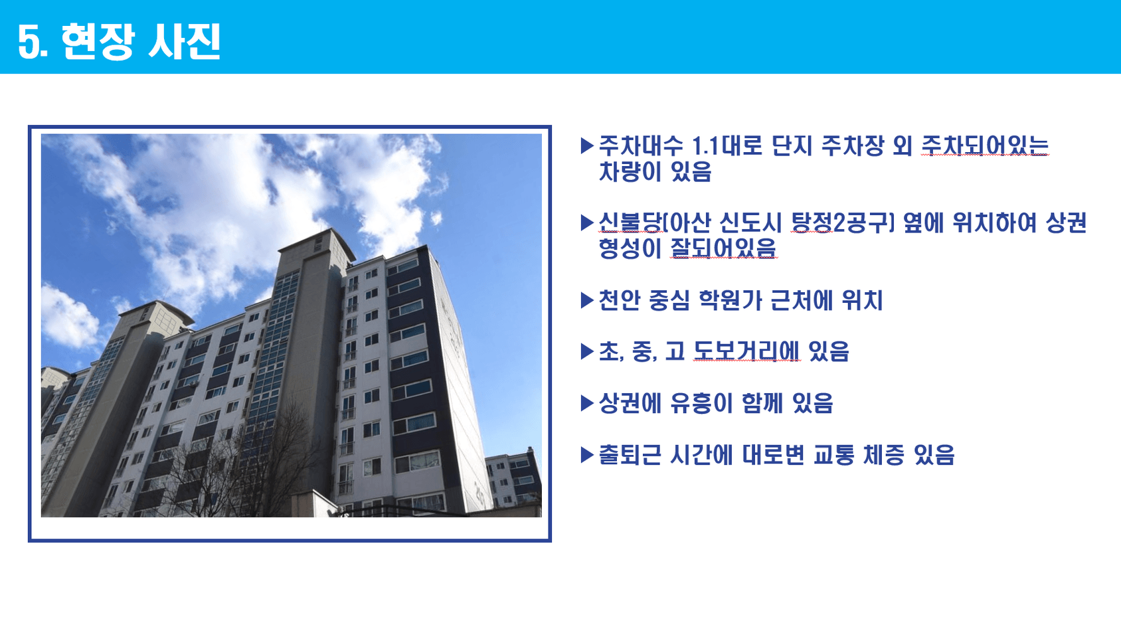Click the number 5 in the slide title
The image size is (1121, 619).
point(30,42)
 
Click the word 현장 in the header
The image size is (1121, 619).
point(98,42)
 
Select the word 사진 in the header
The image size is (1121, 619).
point(184,42)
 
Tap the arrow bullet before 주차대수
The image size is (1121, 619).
point(586,145)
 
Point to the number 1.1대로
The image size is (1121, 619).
point(727,145)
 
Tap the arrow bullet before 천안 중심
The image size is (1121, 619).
point(586,300)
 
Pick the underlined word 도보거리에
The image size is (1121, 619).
point(746,351)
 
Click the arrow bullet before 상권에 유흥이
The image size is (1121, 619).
point(586,403)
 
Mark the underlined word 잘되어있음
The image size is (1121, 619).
point(723,248)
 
